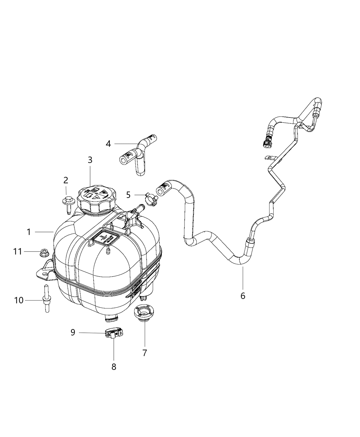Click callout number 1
(29, 232)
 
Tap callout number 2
(65, 180)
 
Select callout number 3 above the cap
(90, 160)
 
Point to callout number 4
(108, 144)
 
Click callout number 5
(128, 195)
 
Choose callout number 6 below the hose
(243, 295)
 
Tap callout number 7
(145, 352)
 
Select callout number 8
(114, 367)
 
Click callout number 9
(73, 332)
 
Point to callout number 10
(19, 300)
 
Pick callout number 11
(17, 252)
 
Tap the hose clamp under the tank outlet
(113, 333)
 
